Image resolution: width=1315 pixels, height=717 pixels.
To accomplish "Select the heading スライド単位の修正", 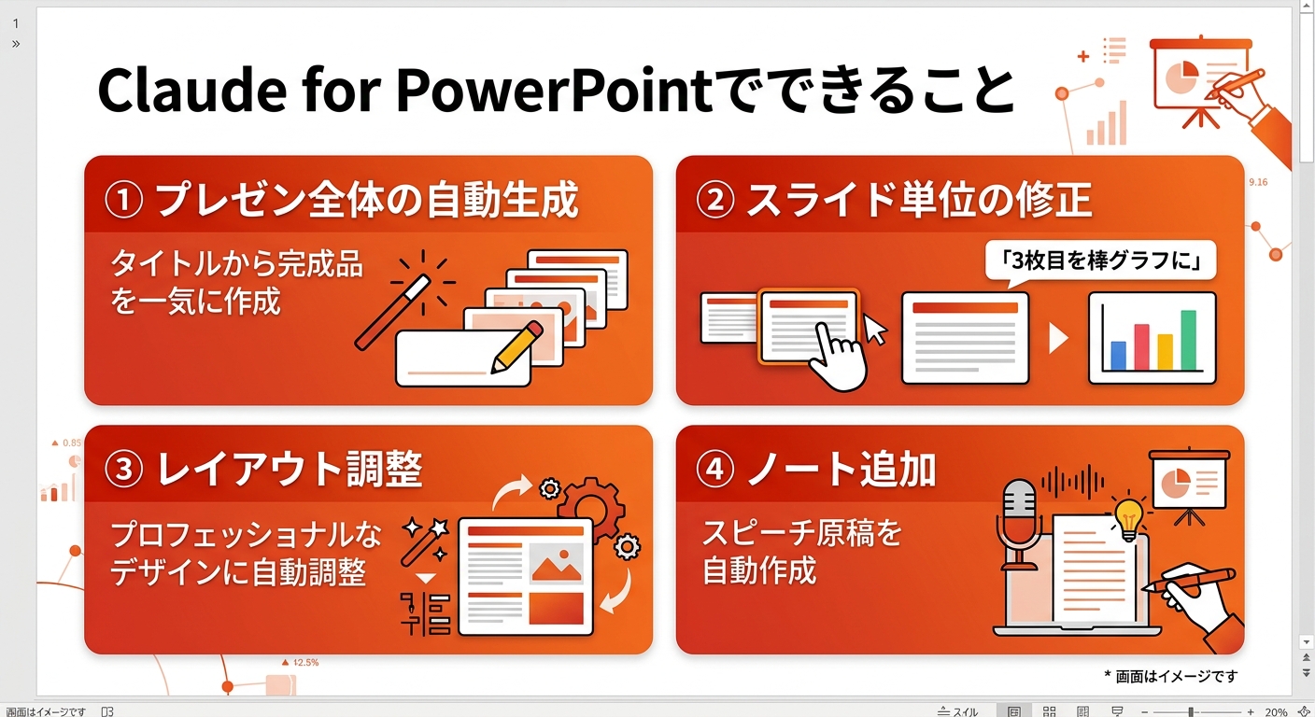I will [919, 201].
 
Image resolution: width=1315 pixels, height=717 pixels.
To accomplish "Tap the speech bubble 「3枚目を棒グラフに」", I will [1101, 262].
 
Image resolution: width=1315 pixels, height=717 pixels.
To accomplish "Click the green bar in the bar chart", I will [1188, 340].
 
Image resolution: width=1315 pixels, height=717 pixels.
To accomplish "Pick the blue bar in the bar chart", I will [1118, 355].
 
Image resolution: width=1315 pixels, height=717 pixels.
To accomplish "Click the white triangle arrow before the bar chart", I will [1058, 337].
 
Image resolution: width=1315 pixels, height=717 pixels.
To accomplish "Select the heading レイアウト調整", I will [290, 469].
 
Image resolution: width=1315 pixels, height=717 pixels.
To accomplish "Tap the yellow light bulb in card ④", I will [1129, 513].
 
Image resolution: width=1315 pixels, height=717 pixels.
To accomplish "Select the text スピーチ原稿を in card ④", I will [801, 533].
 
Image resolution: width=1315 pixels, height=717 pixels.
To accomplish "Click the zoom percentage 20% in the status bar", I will [1276, 711].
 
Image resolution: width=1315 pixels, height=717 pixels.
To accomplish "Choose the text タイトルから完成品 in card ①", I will [236, 265].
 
